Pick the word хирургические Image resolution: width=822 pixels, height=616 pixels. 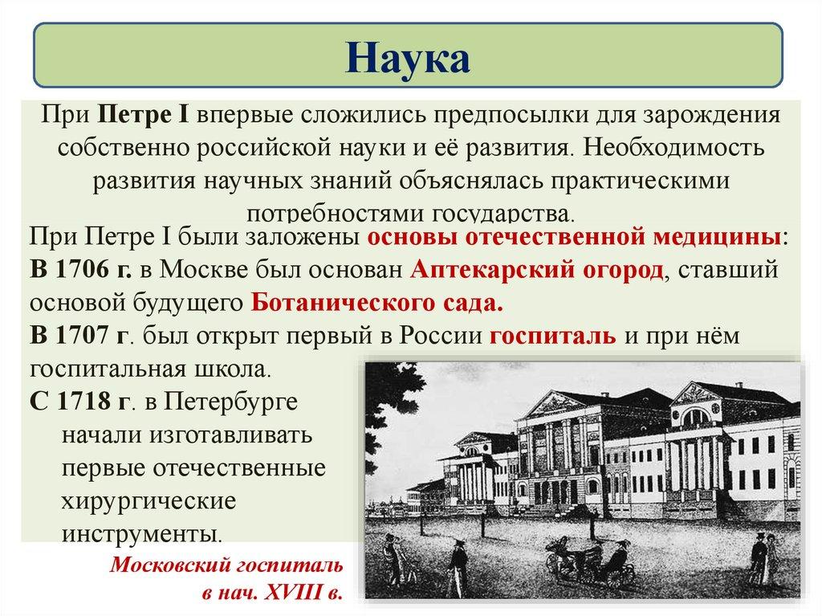click(148, 500)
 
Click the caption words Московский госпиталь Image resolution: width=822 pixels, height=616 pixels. click(226, 565)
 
